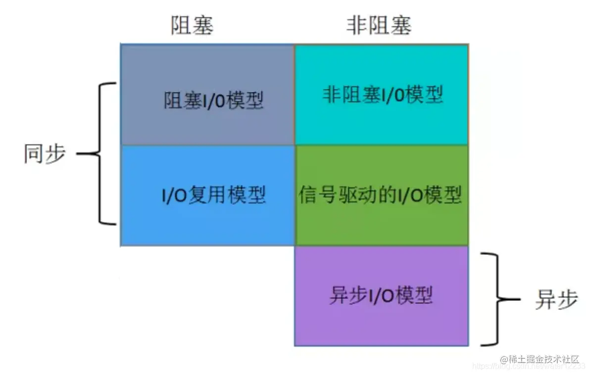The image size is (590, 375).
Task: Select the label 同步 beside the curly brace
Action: point(45,154)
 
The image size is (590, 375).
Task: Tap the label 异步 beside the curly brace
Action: point(556,300)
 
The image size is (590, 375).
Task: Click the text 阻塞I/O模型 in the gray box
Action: point(213,100)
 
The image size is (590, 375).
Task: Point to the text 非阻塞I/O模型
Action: point(383,94)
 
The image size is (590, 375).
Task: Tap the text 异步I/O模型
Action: point(381,295)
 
